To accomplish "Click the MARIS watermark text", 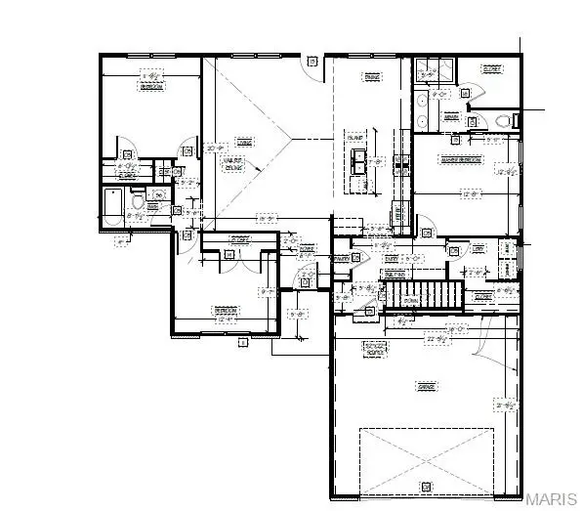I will click(552, 499).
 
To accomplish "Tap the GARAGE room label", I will click(426, 387).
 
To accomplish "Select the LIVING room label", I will click(245, 143).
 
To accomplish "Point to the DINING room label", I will click(371, 77).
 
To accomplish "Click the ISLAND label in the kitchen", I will click(354, 140).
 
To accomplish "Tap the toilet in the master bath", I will click(504, 121).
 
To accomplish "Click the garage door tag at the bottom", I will click(425, 486).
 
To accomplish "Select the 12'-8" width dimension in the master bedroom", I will click(471, 194).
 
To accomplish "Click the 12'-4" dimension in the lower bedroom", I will click(226, 319).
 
